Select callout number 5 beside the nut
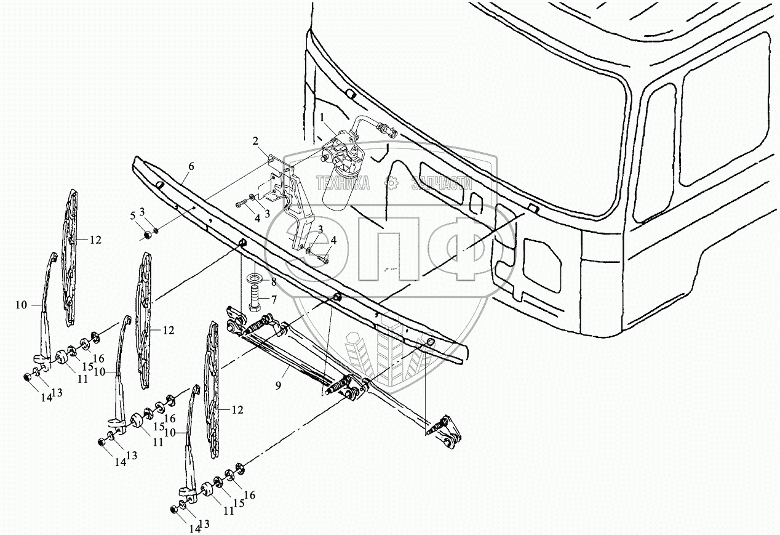coord(132,215)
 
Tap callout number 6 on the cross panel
coord(191,166)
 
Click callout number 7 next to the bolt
coord(274,300)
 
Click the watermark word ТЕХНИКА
coord(343,183)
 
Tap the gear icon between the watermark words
coord(389,182)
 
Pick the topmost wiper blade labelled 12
coord(71,259)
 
